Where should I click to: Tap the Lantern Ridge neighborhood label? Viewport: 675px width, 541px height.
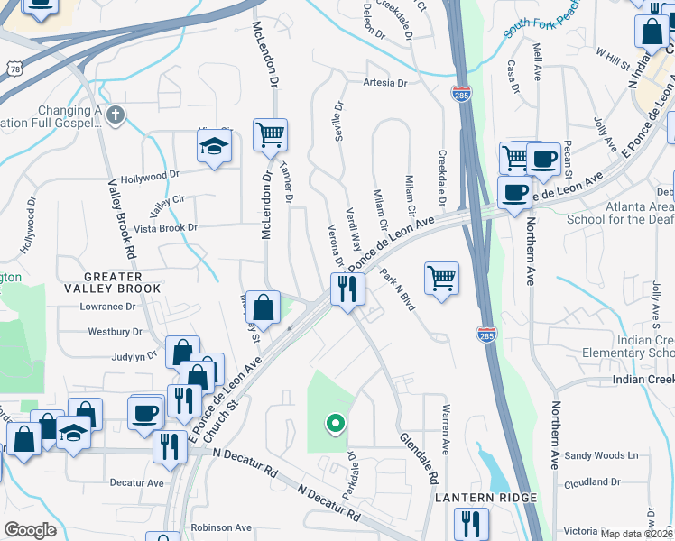486,498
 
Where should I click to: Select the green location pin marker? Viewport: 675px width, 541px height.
336,422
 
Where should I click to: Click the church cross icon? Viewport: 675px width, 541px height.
114,115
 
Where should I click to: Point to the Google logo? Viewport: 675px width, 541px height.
30,530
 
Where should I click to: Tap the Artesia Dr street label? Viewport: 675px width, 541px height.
384,83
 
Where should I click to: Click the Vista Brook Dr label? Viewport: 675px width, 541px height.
165,228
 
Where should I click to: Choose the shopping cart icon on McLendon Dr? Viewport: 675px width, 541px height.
271,136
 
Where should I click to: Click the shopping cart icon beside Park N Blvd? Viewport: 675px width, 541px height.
441,279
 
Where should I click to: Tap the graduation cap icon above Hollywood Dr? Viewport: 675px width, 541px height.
214,148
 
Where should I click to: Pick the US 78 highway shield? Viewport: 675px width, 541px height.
13,69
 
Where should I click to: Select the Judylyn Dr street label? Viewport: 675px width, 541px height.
135,356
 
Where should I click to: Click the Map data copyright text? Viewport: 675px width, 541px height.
635,534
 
